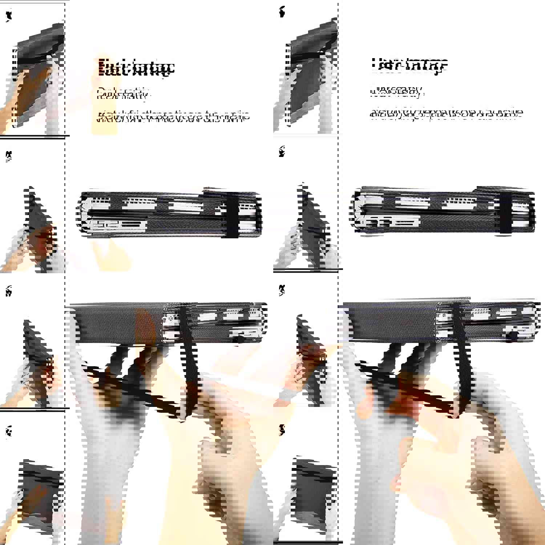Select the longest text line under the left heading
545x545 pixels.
174,116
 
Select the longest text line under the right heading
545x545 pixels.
446,114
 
